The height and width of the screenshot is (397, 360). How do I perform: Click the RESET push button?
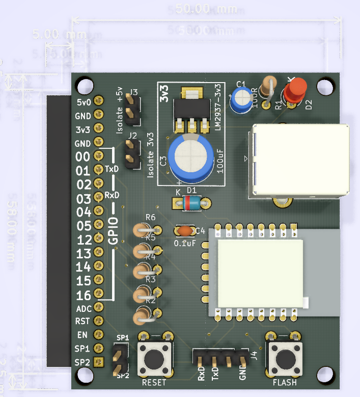(x=154, y=358)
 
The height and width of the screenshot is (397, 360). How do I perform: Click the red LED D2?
(x=294, y=90)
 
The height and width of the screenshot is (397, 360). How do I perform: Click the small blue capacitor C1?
(x=239, y=100)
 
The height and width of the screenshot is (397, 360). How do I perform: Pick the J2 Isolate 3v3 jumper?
(x=132, y=155)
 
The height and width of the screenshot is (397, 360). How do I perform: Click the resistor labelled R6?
(x=144, y=230)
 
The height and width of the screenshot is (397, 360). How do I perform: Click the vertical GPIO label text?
(x=114, y=230)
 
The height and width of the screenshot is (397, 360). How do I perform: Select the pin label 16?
(x=83, y=295)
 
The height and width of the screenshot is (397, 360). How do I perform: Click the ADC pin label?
(x=84, y=308)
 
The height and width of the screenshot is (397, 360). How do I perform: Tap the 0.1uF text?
(x=184, y=244)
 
